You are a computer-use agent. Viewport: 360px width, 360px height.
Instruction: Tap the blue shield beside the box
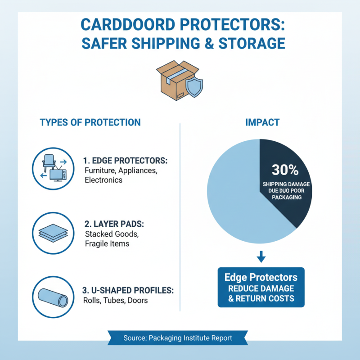coord(194,87)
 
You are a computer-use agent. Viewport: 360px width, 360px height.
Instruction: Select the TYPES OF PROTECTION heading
coord(90,122)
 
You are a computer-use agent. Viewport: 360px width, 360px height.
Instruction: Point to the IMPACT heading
coord(262,122)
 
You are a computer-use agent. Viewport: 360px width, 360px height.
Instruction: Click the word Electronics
coord(103,180)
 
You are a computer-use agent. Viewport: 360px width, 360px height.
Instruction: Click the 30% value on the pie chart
coord(285,170)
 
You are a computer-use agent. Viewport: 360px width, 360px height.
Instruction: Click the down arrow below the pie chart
coord(261,257)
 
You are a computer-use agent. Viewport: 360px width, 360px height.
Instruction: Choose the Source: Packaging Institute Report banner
coord(178,338)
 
